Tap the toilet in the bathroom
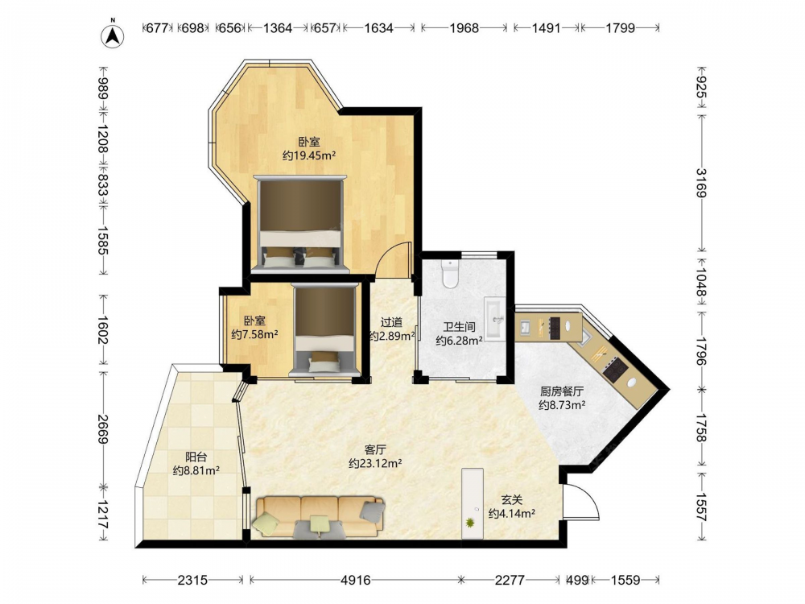click(x=450, y=275)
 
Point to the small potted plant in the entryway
click(x=470, y=523)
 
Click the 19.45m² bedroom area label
click(x=309, y=155)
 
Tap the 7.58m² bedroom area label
click(x=254, y=334)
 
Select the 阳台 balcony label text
click(x=196, y=457)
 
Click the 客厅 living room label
click(x=375, y=450)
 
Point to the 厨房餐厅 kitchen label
click(x=562, y=391)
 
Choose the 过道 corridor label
click(x=391, y=323)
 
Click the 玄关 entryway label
click(x=512, y=500)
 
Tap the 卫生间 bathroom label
click(x=459, y=327)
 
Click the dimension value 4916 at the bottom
click(x=356, y=580)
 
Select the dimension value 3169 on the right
click(x=701, y=183)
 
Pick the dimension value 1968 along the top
click(x=464, y=27)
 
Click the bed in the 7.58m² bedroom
click(x=324, y=329)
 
